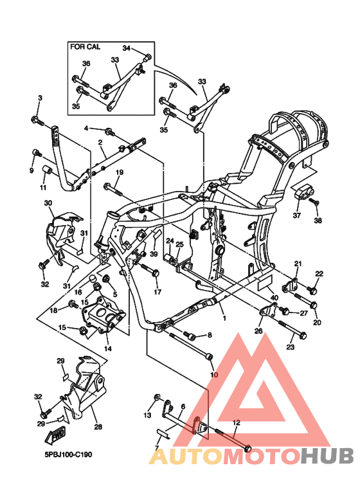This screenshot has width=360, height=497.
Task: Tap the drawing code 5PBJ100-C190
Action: coord(68,455)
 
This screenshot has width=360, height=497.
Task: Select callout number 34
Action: coord(126,48)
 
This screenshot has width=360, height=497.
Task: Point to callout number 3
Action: coord(40,98)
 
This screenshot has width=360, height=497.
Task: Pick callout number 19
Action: coord(119,172)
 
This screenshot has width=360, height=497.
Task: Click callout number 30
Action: coord(48,203)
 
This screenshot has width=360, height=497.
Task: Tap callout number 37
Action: coord(296,215)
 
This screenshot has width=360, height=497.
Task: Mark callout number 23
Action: coord(289,347)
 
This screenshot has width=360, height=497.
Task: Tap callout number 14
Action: coord(107,348)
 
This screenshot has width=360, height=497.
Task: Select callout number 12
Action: coord(236,422)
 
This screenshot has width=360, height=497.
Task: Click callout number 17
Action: coord(157,293)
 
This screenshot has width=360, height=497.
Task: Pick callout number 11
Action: coord(43,188)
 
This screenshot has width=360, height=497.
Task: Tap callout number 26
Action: coord(258,332)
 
